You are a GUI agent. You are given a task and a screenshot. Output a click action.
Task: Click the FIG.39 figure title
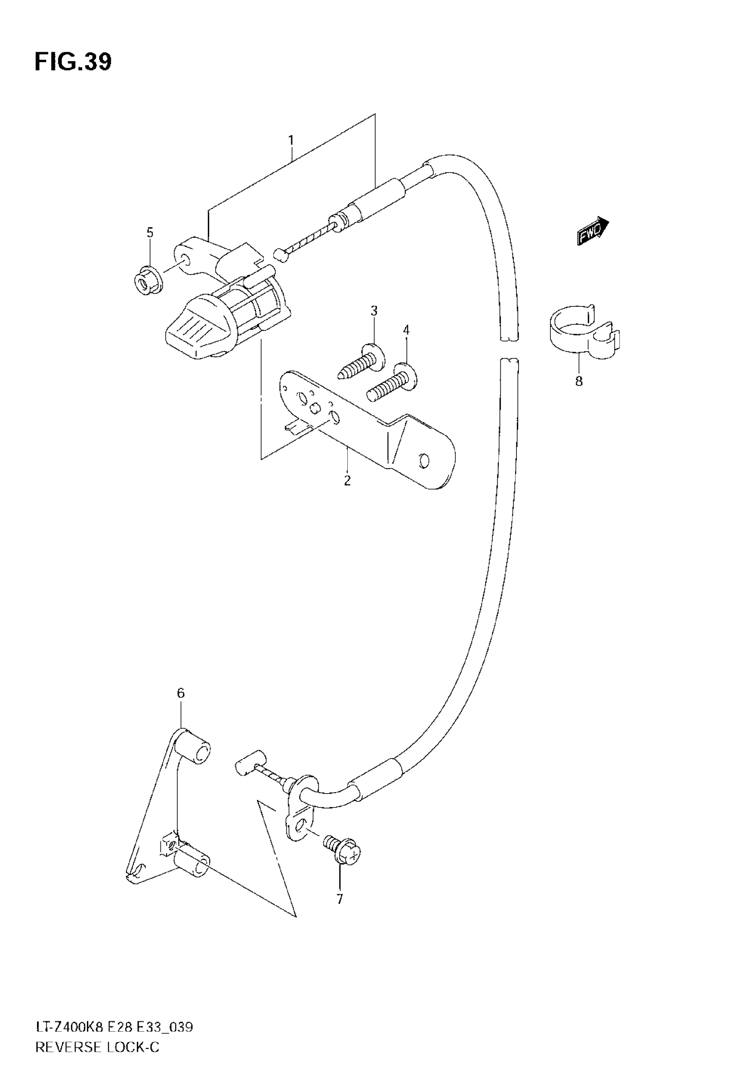click(73, 62)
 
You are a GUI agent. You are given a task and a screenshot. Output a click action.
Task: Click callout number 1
click(291, 140)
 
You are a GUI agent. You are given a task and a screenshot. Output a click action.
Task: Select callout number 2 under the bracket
click(347, 480)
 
